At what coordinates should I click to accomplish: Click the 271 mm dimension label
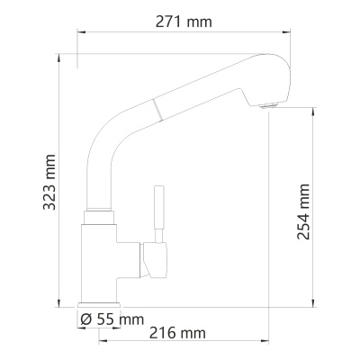pos(186,22)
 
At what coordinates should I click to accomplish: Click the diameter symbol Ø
pos(85,318)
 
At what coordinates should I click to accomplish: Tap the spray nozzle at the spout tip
pos(267,107)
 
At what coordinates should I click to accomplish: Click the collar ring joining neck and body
pos(99,216)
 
